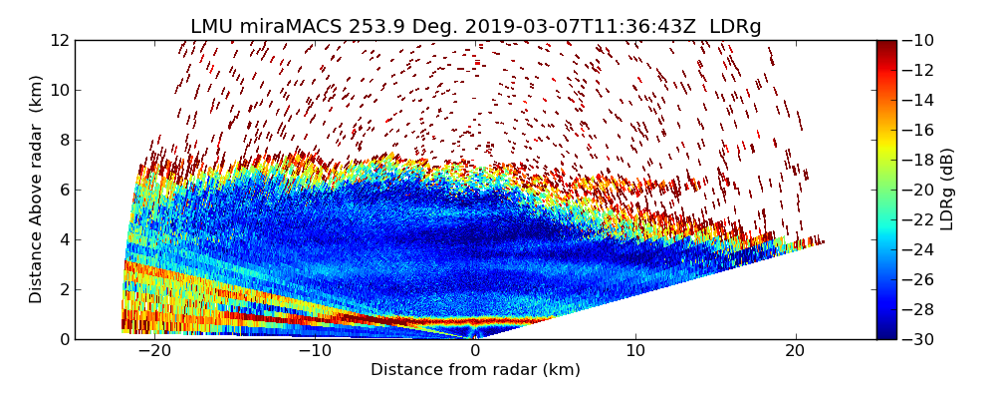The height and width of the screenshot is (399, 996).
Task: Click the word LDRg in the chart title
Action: [735, 27]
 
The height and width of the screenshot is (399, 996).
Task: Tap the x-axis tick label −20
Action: [153, 352]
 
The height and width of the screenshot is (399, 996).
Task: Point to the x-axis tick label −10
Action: [314, 352]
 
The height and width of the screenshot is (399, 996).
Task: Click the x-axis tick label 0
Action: [475, 352]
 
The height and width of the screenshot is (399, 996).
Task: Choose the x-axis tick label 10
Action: [635, 352]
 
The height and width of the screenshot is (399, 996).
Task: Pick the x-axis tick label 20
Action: [795, 352]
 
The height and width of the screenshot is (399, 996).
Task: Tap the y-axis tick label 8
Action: [64, 141]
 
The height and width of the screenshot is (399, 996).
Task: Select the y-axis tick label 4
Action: [64, 240]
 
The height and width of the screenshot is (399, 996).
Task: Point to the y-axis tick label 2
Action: [64, 290]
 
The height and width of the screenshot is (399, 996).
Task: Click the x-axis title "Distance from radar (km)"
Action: [475, 370]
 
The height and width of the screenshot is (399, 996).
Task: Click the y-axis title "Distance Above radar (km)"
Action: [37, 190]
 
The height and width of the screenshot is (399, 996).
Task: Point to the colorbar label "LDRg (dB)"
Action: [947, 190]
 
